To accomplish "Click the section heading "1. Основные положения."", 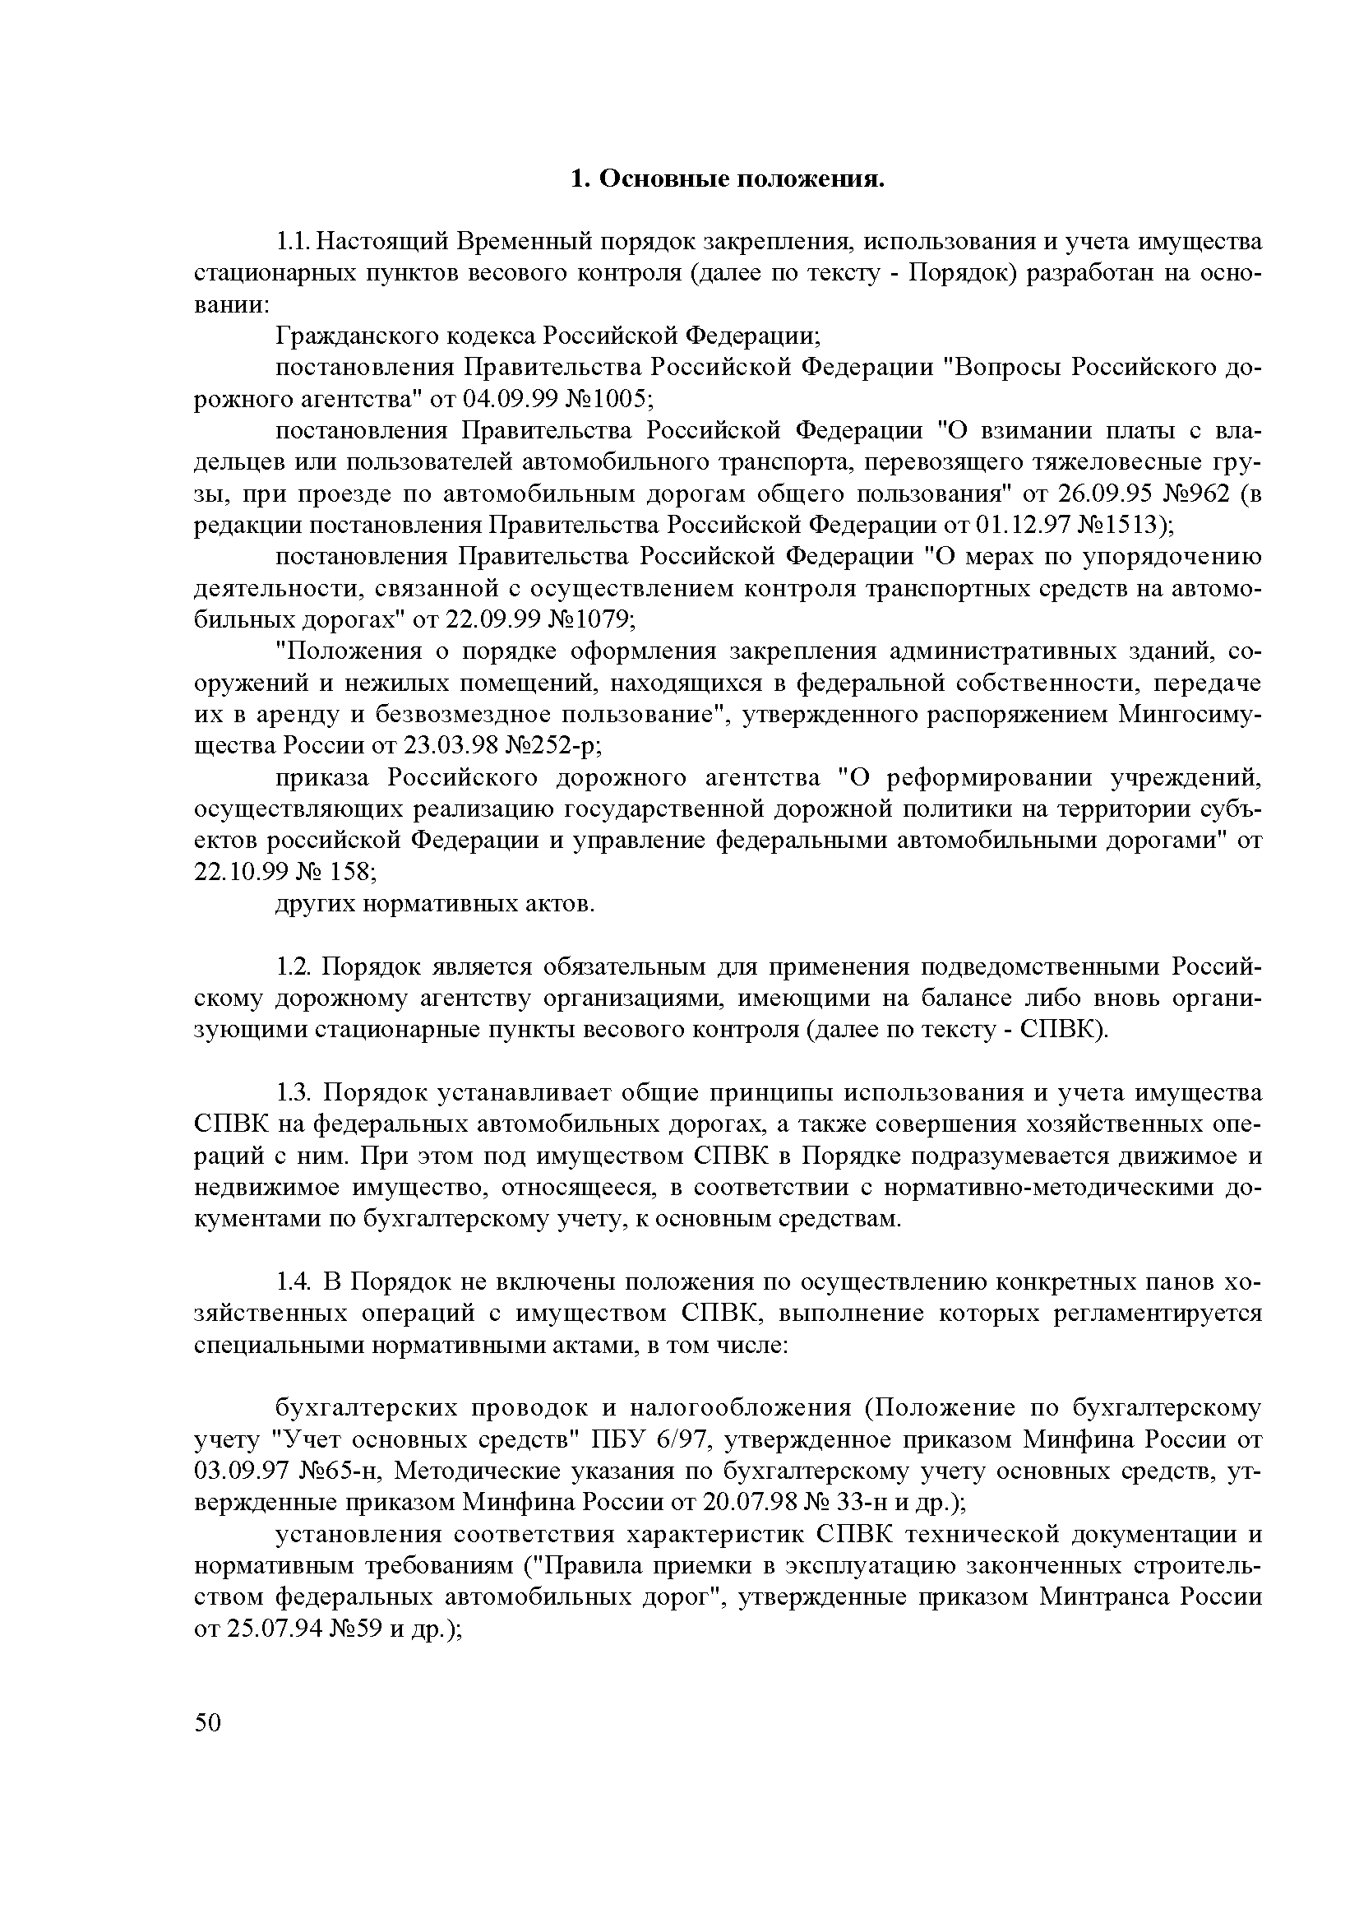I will pyautogui.click(x=727, y=179).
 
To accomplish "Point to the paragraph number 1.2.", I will pyautogui.click(x=294, y=967).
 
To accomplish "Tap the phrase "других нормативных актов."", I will pyautogui.click(x=435, y=904).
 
